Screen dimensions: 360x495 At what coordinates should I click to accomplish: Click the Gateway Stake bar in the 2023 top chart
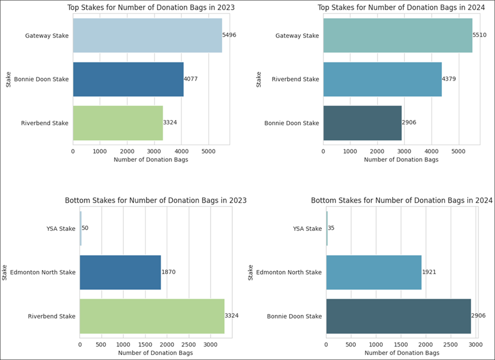[x=148, y=36]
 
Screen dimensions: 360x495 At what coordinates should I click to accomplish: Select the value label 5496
[x=230, y=36]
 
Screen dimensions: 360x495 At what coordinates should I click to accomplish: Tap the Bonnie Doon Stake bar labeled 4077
[x=128, y=79]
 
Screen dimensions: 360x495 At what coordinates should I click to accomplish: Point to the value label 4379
[x=450, y=79]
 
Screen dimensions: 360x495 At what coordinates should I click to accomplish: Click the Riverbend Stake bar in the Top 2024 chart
[x=382, y=79]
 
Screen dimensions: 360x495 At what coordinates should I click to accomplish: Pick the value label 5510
[x=481, y=36]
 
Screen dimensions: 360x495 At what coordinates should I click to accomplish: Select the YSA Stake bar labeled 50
[x=81, y=228]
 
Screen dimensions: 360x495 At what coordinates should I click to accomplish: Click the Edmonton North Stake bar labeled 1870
[x=120, y=272]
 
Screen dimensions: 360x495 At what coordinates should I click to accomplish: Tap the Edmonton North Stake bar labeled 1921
[x=374, y=272]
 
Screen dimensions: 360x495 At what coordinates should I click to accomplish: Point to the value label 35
[x=331, y=228]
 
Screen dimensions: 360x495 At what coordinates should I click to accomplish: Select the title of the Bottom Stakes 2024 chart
[x=401, y=201]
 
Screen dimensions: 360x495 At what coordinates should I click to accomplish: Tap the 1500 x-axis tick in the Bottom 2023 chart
[x=145, y=344]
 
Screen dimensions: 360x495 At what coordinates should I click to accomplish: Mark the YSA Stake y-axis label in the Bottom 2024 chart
[x=307, y=228]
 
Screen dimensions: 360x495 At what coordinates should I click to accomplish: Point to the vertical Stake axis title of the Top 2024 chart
[x=259, y=79]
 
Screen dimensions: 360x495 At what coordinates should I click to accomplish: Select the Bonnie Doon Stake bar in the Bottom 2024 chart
[x=398, y=316]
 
